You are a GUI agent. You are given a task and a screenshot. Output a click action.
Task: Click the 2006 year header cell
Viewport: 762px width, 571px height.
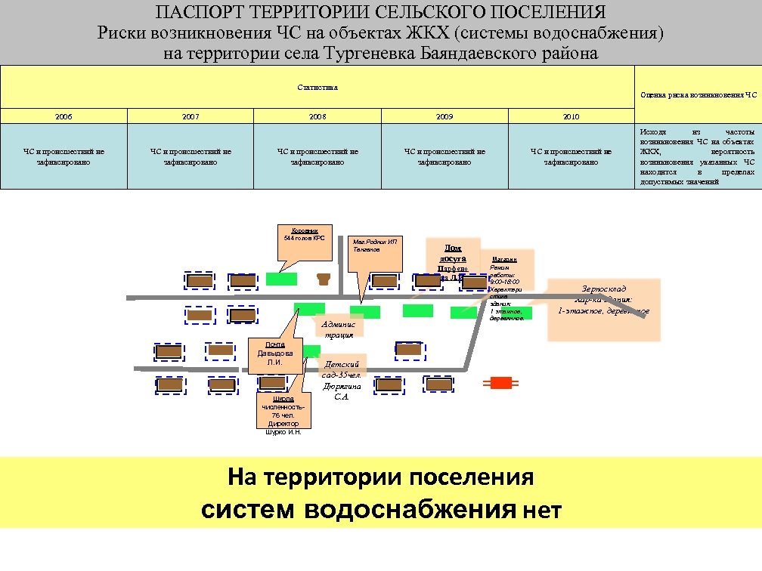[x=63, y=116]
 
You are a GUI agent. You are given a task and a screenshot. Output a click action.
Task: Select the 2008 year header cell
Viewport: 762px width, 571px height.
[x=317, y=116]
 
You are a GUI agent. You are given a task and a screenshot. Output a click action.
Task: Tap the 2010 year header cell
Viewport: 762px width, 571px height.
[x=571, y=116]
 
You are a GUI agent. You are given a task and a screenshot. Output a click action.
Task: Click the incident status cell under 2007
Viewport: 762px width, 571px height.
[x=190, y=156]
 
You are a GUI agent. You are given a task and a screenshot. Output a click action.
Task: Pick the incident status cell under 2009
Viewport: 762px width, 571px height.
[x=444, y=156]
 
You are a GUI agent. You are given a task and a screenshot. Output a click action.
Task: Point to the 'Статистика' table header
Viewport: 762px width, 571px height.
[x=317, y=88]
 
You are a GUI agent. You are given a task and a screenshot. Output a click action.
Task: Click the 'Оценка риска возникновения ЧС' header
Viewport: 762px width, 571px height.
[x=698, y=94]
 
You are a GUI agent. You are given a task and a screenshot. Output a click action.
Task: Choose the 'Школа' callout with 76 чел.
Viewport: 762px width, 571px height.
[x=283, y=414]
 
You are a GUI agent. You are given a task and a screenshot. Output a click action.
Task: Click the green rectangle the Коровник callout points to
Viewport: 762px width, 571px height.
[x=281, y=279]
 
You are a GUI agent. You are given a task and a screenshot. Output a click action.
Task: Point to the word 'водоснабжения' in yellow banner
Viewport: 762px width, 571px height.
[x=410, y=510]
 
